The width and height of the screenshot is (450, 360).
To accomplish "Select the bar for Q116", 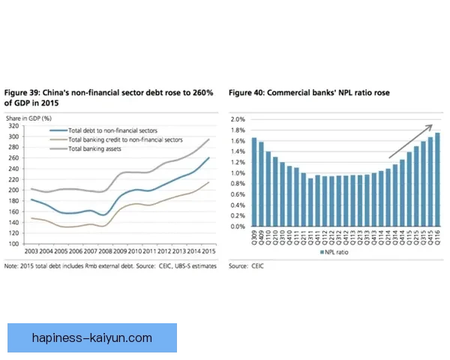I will [437, 180].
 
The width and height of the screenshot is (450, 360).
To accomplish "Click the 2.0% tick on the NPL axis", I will [239, 120].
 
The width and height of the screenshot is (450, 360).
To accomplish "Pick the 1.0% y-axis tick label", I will [239, 173].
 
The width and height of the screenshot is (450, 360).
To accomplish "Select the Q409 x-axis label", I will [262, 238].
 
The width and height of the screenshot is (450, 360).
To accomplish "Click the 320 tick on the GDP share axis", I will [13, 126].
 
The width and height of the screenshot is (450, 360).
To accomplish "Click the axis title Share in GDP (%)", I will [28, 118].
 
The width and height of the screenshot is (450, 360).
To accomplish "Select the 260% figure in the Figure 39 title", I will [202, 92].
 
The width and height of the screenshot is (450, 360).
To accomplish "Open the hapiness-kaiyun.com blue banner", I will [93, 339].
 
